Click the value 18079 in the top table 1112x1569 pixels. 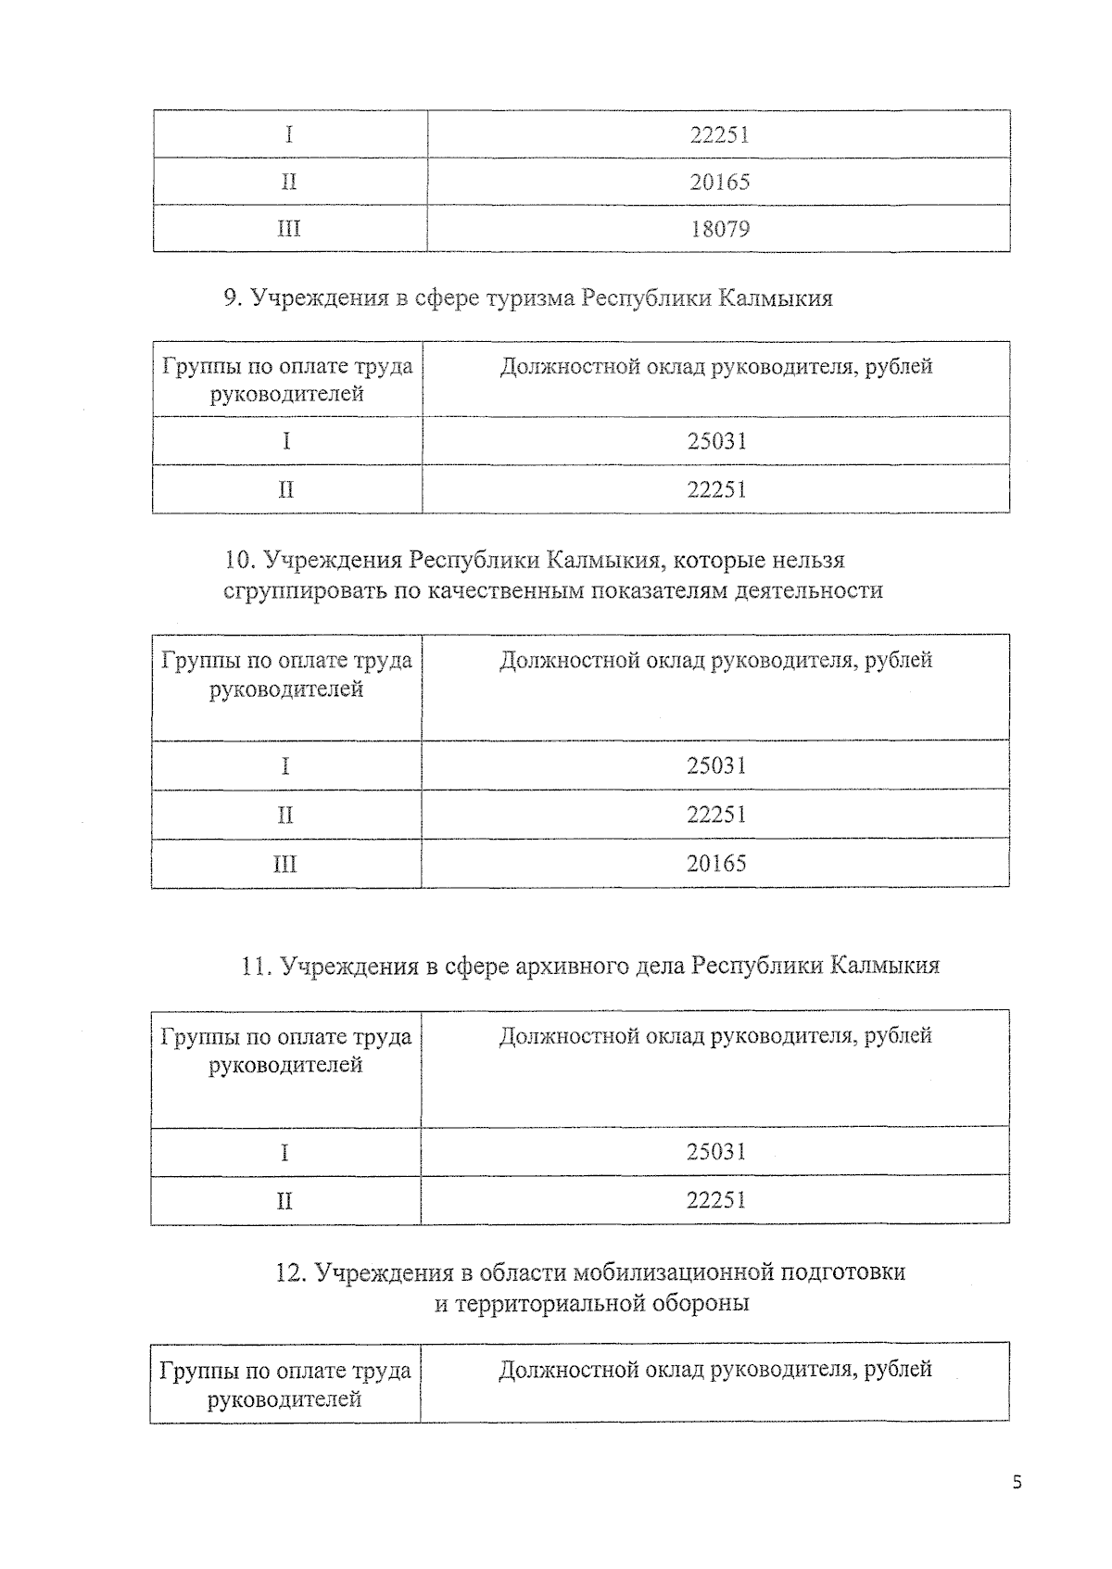coord(720,229)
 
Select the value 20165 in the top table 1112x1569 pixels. coord(720,182)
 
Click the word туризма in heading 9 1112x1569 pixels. coord(530,298)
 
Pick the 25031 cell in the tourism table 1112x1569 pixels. coord(716,441)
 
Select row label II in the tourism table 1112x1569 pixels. coord(286,489)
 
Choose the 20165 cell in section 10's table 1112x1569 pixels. coord(716,864)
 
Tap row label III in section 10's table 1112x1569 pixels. coord(285,865)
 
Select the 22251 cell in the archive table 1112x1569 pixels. coord(716,1200)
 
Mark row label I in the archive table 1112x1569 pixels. coord(284,1152)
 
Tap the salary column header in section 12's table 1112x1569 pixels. coord(714,1370)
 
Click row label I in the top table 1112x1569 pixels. coord(289,135)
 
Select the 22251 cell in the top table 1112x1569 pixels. coord(720,135)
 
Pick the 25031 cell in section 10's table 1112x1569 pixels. coord(716,766)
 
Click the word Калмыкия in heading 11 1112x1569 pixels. coord(884,966)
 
